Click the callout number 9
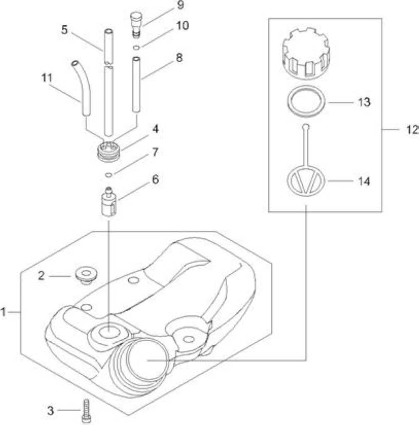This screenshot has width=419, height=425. pos(180,5)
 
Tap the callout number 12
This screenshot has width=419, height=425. pos(412,130)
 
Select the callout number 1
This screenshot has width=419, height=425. pos(3,312)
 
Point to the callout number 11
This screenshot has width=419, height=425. pos(47,78)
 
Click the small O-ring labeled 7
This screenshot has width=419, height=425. pos(109,175)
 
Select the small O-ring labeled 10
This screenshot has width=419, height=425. pos(137,48)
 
